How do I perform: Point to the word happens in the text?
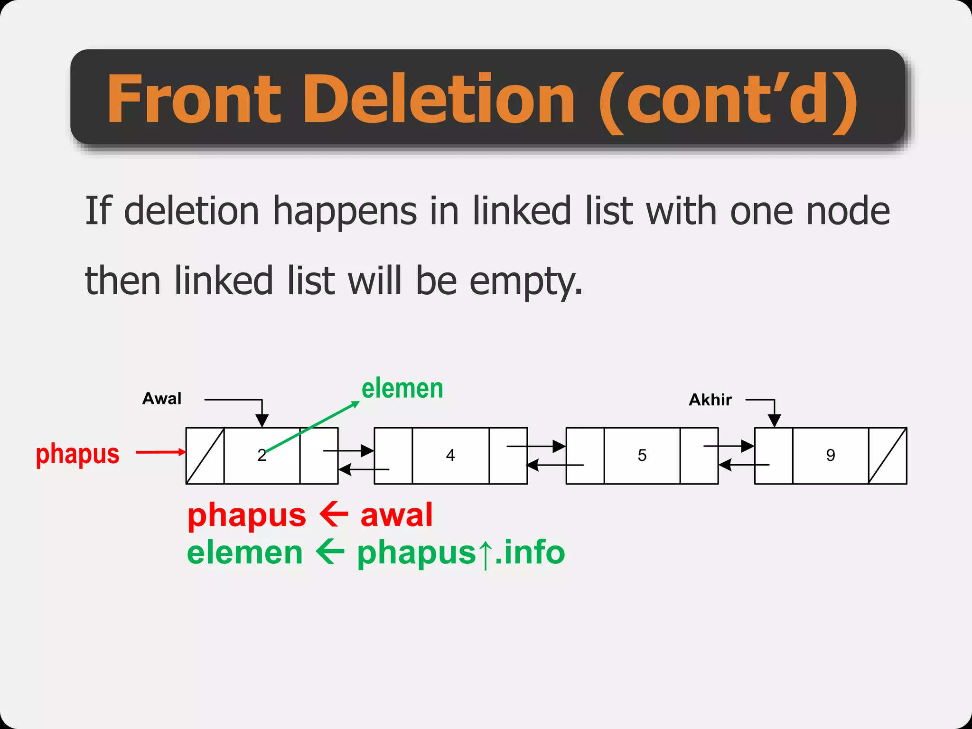pos(345,212)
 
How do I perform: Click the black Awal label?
pos(162,399)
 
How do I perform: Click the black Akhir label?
pos(710,400)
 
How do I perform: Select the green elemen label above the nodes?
pos(402,389)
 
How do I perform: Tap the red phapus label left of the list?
pos(78,454)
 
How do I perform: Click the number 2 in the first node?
pos(262,455)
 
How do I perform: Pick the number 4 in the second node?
pos(450,455)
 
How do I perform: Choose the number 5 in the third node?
pos(642,455)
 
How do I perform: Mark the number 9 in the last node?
pos(831,455)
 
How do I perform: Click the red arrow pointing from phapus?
pos(160,452)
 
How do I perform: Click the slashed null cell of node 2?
pos(205,456)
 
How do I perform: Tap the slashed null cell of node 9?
pos(888,456)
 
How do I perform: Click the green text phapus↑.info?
pos(461,553)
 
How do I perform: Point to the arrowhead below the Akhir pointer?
pos(774,420)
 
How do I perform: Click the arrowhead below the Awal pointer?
pos(262,420)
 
